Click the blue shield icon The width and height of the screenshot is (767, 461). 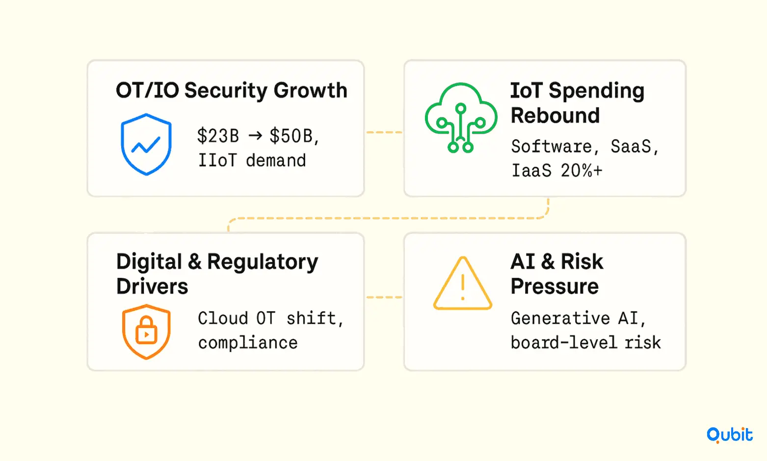(x=146, y=144)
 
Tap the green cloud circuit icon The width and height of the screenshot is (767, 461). (x=461, y=117)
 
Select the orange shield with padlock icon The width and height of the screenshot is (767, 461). (x=146, y=332)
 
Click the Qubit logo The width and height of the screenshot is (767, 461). (x=730, y=435)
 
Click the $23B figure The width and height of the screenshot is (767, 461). (x=218, y=136)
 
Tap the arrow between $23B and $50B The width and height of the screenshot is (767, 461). (x=255, y=136)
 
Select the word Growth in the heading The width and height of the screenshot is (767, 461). (x=310, y=90)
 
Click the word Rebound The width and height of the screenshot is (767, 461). (x=555, y=115)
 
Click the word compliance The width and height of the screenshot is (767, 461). (x=248, y=343)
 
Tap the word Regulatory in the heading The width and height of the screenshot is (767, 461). (x=263, y=262)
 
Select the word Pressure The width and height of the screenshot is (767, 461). (x=555, y=286)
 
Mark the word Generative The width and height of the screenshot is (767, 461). (x=560, y=318)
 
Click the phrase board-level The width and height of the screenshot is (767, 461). (x=564, y=343)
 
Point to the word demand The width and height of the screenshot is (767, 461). (x=276, y=161)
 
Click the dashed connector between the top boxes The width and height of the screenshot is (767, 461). (x=384, y=132)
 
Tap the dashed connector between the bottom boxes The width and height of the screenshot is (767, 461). (x=384, y=297)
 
